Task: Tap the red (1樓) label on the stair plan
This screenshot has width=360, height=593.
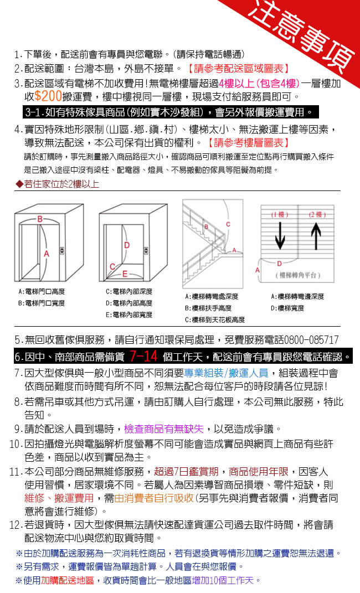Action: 280,214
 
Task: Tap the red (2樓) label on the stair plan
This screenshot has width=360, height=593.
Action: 317,214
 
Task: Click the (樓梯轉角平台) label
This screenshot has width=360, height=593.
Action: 297,276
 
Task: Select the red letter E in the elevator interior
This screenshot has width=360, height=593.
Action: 125,274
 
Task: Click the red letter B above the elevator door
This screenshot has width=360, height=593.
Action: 40,219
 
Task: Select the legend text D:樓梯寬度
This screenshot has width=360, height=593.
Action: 289,307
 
